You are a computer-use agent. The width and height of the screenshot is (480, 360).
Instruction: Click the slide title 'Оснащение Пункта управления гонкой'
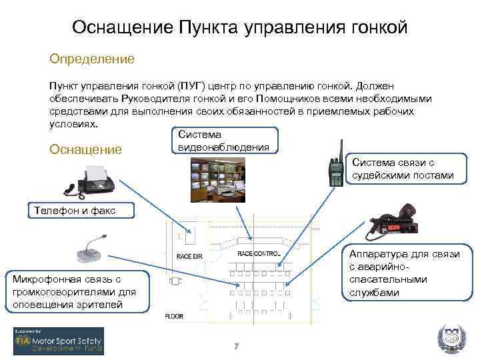239,27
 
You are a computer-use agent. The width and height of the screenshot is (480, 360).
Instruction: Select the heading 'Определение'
92,59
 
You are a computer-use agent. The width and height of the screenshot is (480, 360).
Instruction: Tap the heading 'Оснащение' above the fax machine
86,149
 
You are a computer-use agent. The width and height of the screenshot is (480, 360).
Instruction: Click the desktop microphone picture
91,249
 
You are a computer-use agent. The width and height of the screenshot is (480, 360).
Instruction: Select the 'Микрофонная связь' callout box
73,291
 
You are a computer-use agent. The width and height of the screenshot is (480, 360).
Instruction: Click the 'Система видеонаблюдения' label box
223,140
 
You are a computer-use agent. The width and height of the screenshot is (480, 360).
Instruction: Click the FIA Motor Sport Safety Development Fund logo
59,341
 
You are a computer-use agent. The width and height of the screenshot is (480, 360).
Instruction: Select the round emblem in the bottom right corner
448,339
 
